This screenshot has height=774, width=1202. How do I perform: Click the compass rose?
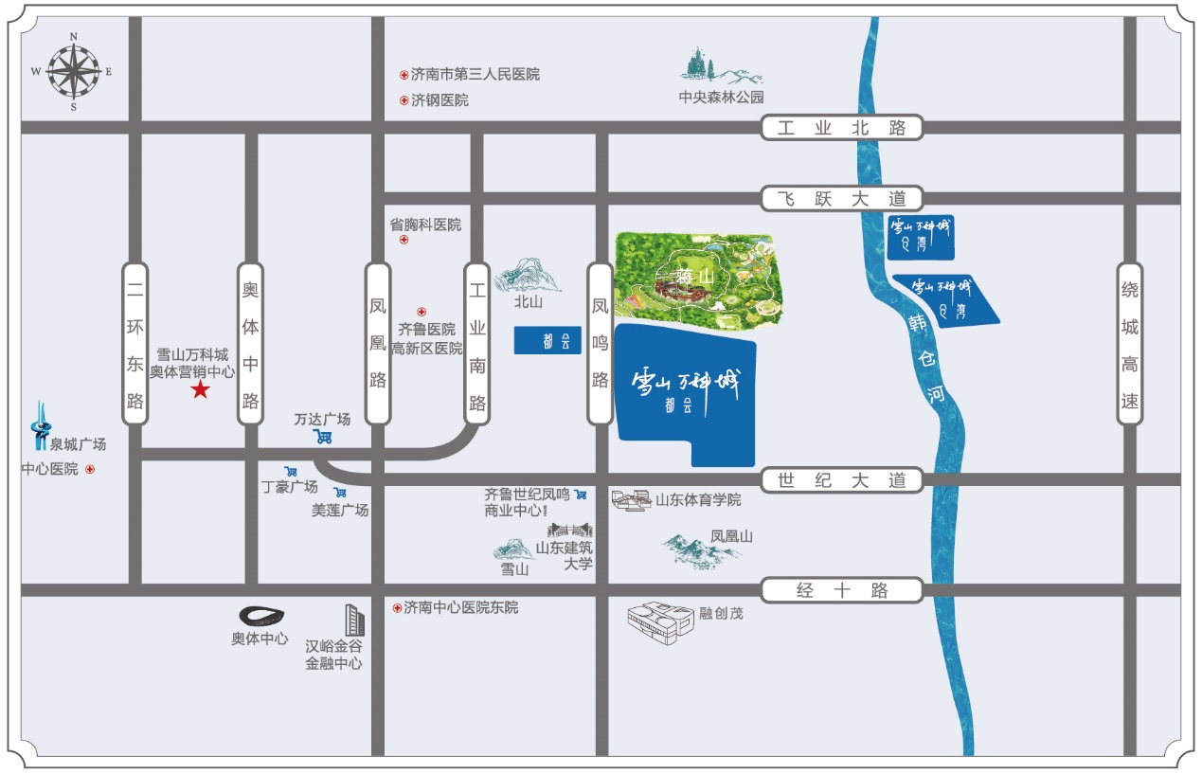[x=74, y=71]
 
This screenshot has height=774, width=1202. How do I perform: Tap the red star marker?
[x=201, y=390]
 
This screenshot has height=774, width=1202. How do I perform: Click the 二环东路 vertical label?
[x=135, y=343]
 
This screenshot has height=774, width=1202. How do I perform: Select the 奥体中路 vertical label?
[x=250, y=343]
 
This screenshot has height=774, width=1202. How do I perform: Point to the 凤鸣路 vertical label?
[x=600, y=343]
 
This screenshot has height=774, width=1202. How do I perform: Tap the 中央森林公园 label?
[x=720, y=97]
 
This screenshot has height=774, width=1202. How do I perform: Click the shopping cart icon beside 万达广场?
[x=324, y=437]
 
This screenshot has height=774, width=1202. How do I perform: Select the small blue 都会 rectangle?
[x=547, y=341]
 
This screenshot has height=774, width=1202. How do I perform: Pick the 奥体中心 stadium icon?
[x=260, y=616]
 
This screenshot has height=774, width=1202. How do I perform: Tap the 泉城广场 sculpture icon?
[x=40, y=425]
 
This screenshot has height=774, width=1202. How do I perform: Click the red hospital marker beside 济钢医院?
[x=404, y=100]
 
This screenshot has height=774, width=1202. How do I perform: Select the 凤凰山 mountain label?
[x=732, y=536]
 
